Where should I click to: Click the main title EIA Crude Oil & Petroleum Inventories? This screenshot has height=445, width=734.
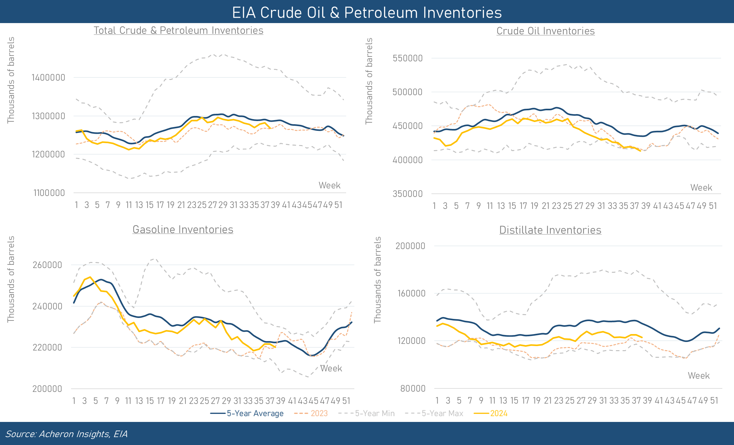pyautogui.click(x=367, y=13)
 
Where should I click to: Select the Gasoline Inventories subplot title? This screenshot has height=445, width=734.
pyautogui.click(x=183, y=229)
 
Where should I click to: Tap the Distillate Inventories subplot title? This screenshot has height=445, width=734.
pyautogui.click(x=550, y=230)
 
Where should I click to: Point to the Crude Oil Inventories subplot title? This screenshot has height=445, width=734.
pyautogui.click(x=545, y=31)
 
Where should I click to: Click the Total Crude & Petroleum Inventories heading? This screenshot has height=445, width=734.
pyautogui.click(x=178, y=30)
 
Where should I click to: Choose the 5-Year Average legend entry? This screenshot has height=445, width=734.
pyautogui.click(x=247, y=413)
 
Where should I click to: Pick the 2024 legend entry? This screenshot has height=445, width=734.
pyautogui.click(x=491, y=413)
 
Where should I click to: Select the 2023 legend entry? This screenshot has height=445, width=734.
pyautogui.click(x=311, y=413)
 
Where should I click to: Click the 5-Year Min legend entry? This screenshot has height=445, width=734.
pyautogui.click(x=367, y=413)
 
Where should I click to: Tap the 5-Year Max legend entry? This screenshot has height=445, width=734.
pyautogui.click(x=434, y=413)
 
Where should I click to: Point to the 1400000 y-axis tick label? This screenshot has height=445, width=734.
pyautogui.click(x=48, y=78)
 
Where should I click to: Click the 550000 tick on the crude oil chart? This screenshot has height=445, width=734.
pyautogui.click(x=407, y=58)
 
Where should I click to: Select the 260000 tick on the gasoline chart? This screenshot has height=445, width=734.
pyautogui.click(x=47, y=265)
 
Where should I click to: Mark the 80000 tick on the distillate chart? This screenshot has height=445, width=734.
pyautogui.click(x=413, y=389)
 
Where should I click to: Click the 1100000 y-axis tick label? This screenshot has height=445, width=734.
pyautogui.click(x=49, y=193)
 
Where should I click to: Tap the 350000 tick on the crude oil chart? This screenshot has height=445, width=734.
pyautogui.click(x=407, y=194)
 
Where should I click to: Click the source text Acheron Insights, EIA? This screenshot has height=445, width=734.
pyautogui.click(x=66, y=434)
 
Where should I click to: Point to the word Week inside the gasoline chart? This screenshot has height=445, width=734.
pyautogui.click(x=331, y=369)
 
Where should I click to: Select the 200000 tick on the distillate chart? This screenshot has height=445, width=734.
pyautogui.click(x=410, y=246)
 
